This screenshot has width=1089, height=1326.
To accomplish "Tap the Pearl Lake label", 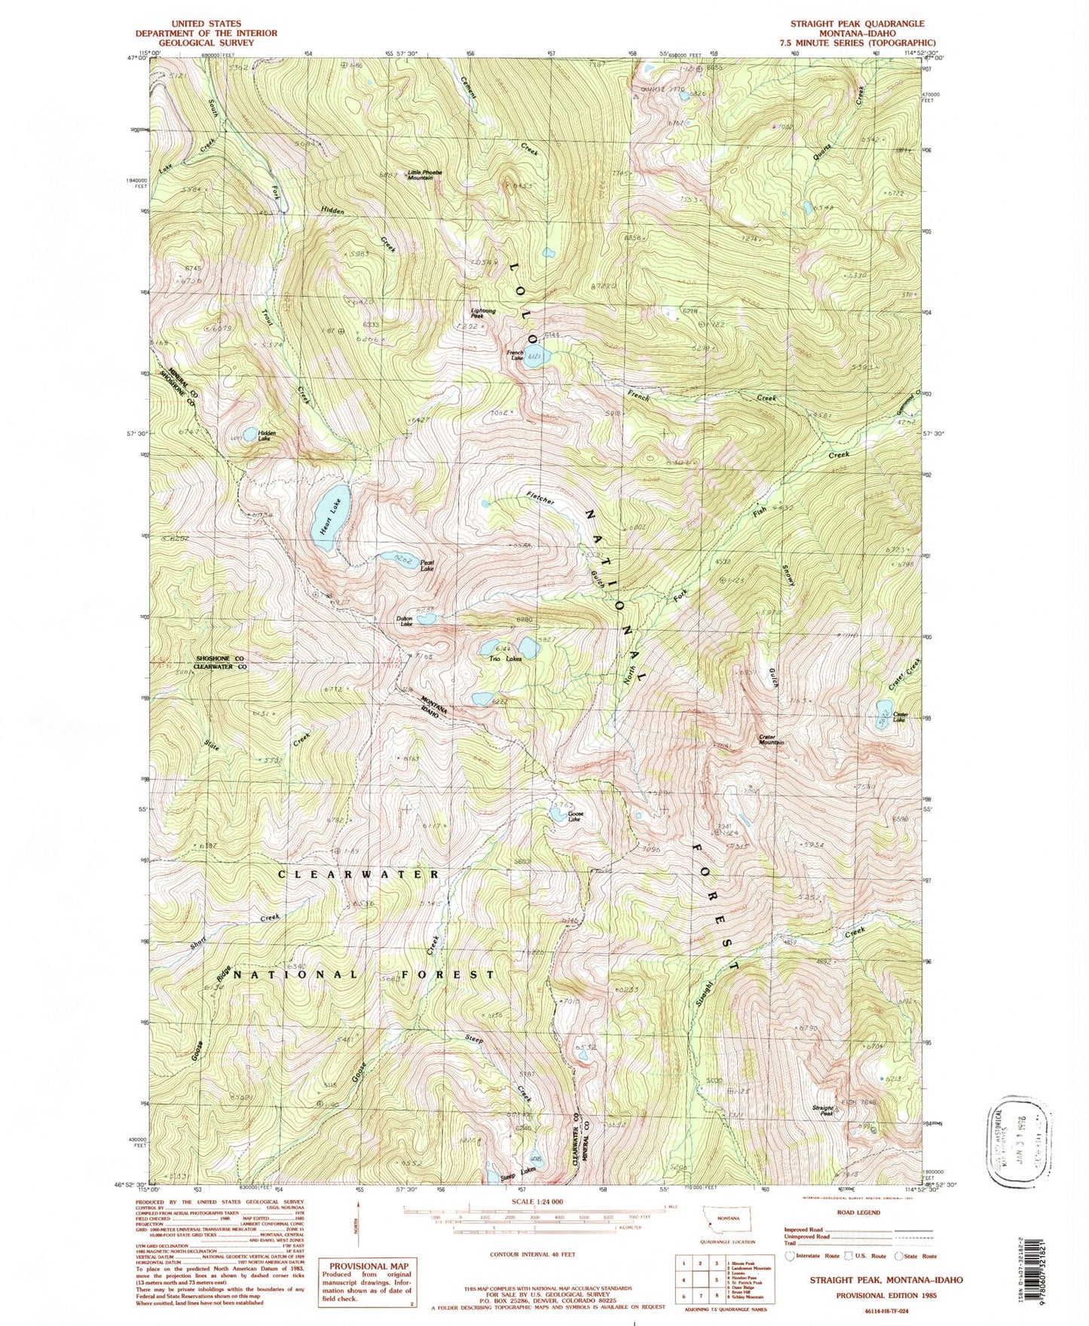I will [x=427, y=566].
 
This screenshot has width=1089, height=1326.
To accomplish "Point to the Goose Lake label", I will [x=576, y=817].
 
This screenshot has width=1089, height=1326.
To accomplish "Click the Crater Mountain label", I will [x=771, y=740].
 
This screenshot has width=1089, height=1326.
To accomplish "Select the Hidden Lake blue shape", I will [x=249, y=435].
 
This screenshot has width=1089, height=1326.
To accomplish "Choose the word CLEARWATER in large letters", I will [x=359, y=874].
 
